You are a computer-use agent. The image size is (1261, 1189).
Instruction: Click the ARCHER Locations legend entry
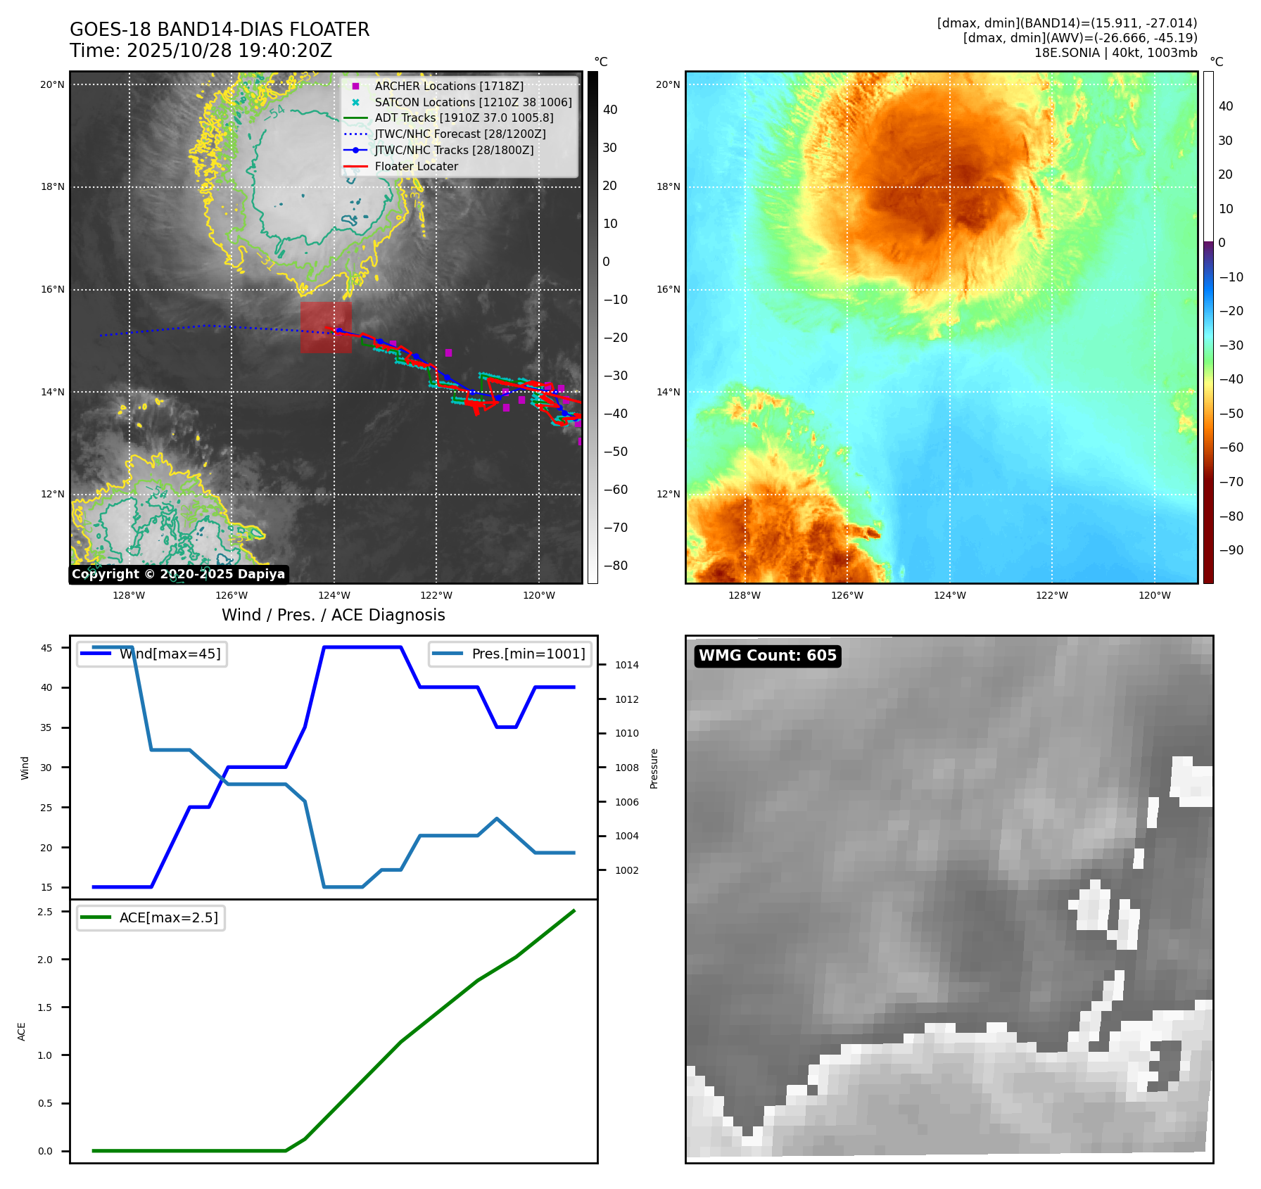pos(448,86)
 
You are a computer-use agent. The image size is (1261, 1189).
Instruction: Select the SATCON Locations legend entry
pos(473,102)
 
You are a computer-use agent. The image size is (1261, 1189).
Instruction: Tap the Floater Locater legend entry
pos(416,166)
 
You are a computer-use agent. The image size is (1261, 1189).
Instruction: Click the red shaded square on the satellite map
pos(326,327)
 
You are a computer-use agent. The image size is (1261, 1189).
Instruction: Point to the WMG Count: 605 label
pos(767,656)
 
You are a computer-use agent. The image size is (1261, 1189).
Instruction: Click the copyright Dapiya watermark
pos(178,574)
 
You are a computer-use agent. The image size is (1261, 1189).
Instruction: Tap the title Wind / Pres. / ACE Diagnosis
pos(333,615)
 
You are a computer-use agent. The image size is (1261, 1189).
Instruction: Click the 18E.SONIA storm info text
pos(1115,53)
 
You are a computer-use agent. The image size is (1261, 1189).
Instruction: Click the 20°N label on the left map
pos(52,84)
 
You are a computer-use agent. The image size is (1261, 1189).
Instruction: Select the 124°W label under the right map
pos(949,595)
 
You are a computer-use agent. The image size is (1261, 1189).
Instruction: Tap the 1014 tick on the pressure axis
pos(626,665)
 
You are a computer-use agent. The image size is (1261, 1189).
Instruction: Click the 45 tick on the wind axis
pos(46,648)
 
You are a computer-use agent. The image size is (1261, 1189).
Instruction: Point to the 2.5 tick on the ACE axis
pos(45,912)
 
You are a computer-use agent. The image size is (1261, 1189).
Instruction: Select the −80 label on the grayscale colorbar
pos(615,566)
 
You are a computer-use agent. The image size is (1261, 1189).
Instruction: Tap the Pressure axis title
pos(654,768)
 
